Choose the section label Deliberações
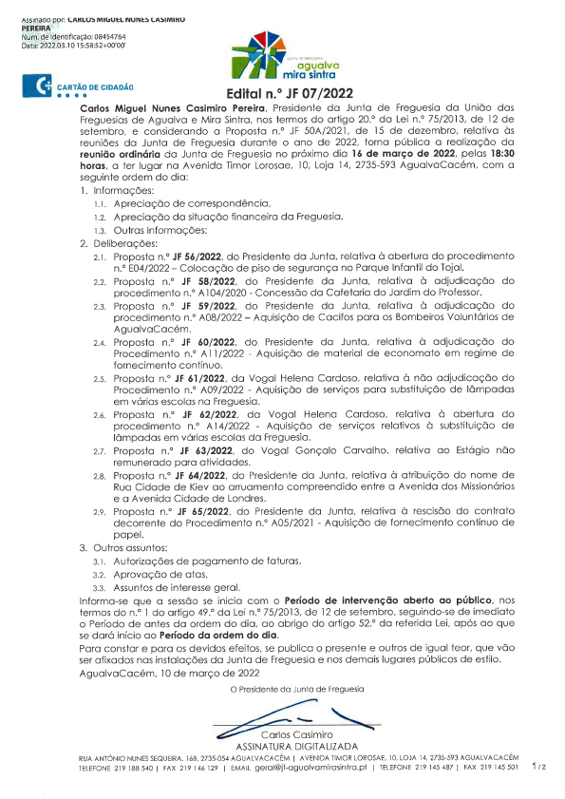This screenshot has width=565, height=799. tap(126, 244)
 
